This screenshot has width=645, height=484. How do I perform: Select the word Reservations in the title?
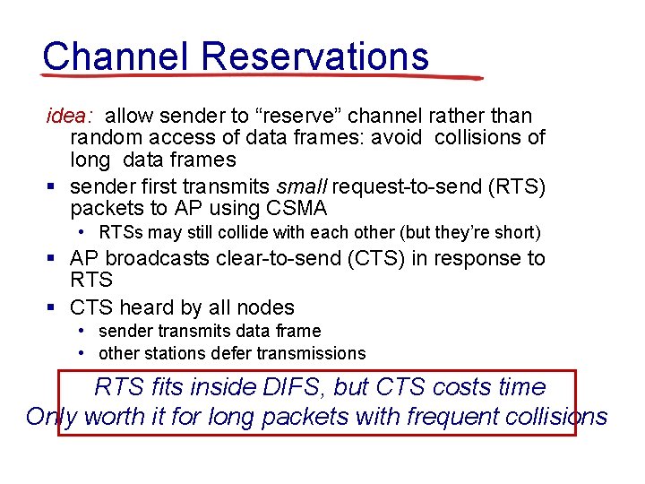(314, 56)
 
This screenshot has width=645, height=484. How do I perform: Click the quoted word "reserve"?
(298, 117)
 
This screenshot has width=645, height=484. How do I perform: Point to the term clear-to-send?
(284, 258)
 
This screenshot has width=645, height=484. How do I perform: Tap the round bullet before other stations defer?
(82, 353)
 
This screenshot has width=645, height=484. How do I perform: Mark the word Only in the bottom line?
(50, 417)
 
